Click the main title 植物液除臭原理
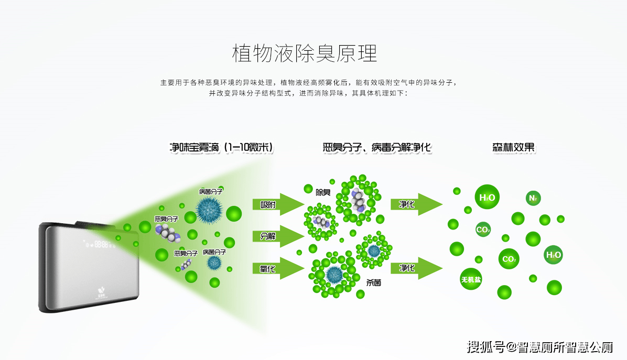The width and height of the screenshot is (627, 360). (x=304, y=53)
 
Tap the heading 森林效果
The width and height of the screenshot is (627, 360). (x=513, y=147)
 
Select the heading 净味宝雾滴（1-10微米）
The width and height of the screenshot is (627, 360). (x=221, y=147)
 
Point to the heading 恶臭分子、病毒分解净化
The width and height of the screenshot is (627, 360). (x=377, y=147)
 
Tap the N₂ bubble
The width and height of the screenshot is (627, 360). (x=533, y=198)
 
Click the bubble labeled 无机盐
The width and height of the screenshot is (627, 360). (x=471, y=279)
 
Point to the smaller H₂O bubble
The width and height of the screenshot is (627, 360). (x=554, y=255)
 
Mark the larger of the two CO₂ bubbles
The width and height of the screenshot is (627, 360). (x=509, y=259)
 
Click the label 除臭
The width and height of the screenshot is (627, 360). (x=323, y=192)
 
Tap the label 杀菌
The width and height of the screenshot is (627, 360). (x=373, y=282)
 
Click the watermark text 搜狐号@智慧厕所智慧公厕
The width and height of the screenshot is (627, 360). (x=540, y=347)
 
